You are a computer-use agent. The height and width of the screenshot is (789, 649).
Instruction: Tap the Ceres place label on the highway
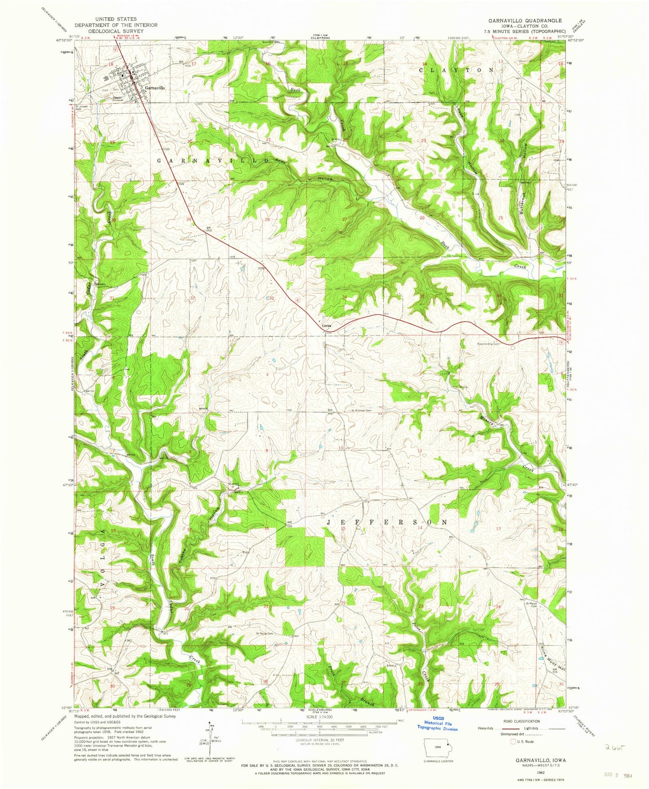(327, 326)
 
